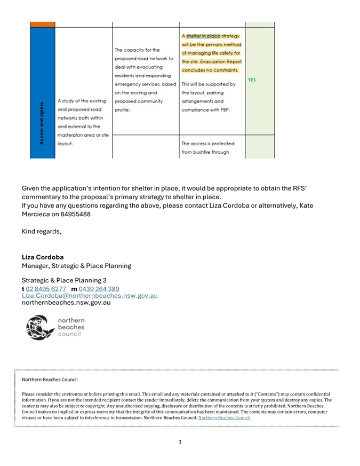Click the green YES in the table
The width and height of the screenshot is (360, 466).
click(252, 80)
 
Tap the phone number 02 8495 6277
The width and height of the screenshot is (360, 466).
click(46, 289)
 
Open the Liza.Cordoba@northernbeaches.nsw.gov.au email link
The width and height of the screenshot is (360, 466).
click(90, 295)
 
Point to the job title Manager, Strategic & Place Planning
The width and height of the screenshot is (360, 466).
click(76, 265)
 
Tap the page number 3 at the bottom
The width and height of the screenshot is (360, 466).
click(180, 441)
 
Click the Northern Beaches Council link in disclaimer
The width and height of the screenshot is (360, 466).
click(224, 418)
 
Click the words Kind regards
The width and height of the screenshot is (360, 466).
click(41, 231)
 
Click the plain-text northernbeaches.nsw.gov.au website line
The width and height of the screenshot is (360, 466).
click(66, 302)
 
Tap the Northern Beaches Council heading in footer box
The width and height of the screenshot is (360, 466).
click(50, 380)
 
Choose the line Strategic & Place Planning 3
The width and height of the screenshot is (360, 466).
click(64, 280)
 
